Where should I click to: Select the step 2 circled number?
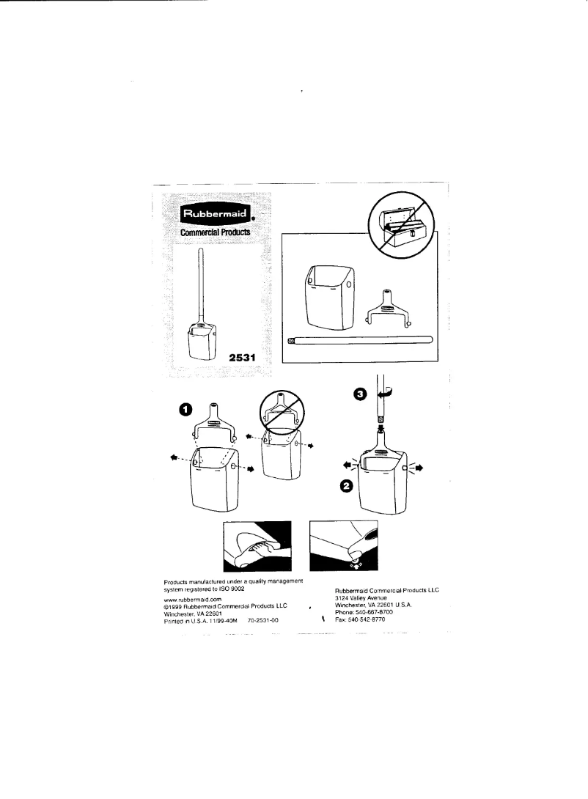click(x=345, y=485)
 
